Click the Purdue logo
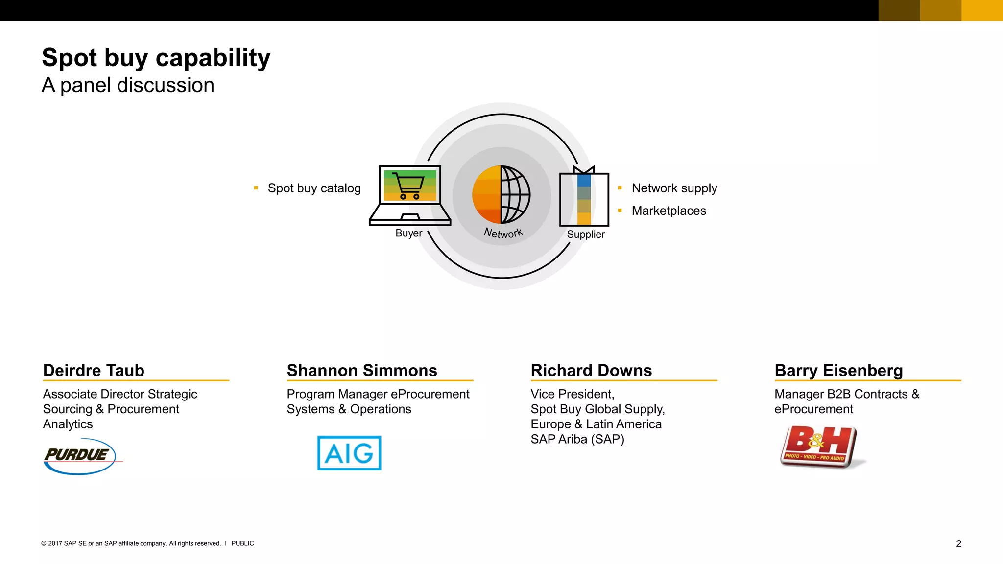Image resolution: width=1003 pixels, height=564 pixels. point(79,456)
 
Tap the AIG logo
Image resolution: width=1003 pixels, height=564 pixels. point(349,453)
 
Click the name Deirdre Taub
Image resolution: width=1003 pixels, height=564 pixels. point(94,370)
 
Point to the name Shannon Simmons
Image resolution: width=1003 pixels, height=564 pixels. point(362,370)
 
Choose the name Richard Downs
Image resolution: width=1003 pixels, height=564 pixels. point(591,370)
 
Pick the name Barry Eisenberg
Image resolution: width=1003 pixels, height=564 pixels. point(838,370)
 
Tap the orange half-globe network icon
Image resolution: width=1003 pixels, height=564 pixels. point(501,194)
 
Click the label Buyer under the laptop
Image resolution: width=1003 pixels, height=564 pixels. point(408,233)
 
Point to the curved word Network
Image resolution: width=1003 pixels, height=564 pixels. point(503,233)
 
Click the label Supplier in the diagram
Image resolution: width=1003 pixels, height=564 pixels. point(586,235)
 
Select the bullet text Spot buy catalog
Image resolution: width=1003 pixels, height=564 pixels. point(314,188)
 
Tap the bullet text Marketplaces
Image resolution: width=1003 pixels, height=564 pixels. point(669,211)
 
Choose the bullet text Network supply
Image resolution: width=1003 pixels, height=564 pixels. point(674,188)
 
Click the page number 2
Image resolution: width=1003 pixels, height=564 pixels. point(958,543)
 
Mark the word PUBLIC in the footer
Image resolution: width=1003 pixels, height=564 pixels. point(242,543)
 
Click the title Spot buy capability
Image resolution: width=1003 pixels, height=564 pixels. point(156,58)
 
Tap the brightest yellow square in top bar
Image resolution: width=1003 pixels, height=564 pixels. point(982,10)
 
